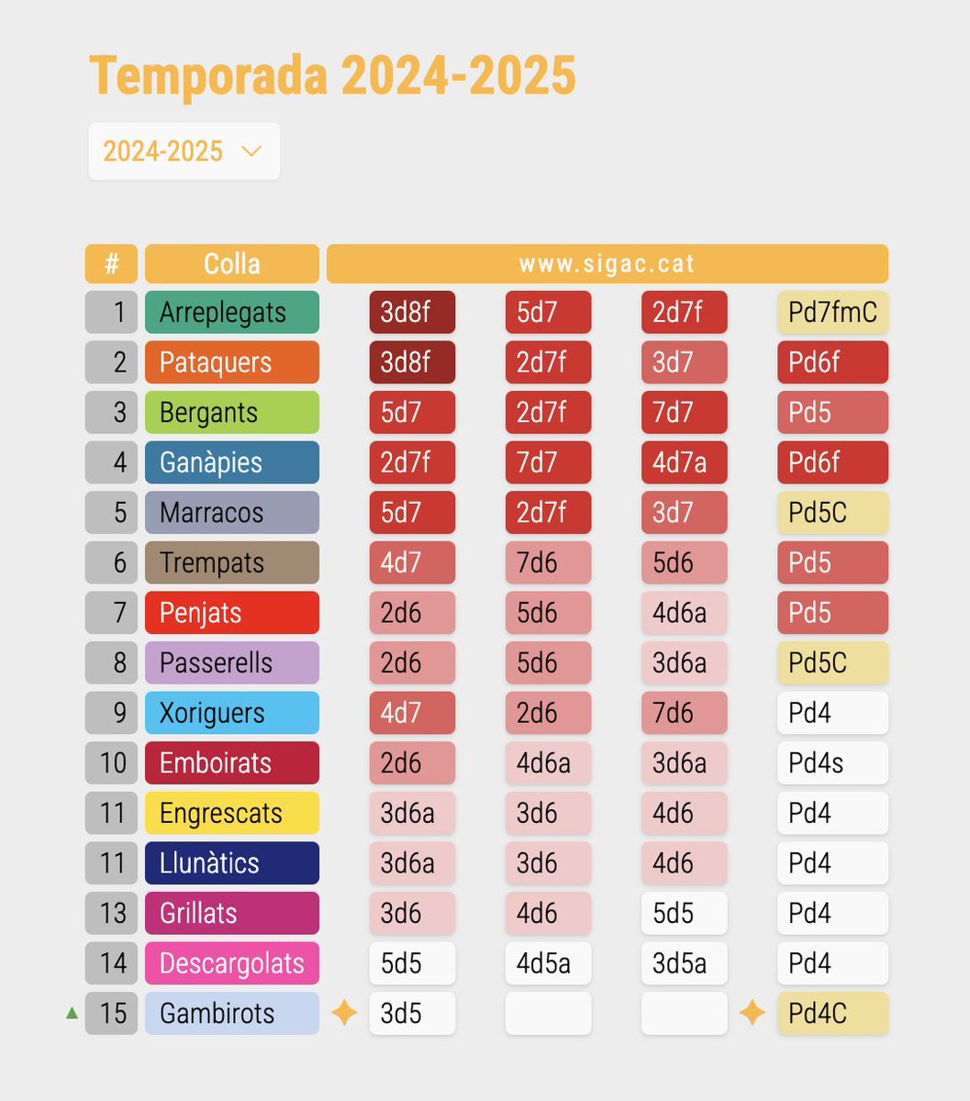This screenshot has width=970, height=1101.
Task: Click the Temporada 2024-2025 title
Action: click(332, 75)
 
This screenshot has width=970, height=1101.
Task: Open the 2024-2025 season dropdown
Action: click(184, 151)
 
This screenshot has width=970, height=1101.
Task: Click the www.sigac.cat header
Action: click(607, 264)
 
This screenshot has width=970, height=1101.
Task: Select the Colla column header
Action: click(231, 264)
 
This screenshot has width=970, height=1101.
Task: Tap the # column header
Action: click(111, 264)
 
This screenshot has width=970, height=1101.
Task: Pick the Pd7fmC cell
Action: click(832, 312)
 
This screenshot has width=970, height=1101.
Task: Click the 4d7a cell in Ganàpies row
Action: click(684, 462)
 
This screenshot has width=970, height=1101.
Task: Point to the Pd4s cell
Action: click(832, 762)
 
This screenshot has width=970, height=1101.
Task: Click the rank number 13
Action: click(112, 913)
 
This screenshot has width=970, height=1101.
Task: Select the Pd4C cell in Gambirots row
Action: click(832, 1013)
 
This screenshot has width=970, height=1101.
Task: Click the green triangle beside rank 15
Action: click(72, 1014)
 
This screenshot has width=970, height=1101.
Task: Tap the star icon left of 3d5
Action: click(344, 1013)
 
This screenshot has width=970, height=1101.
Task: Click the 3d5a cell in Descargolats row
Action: click(684, 963)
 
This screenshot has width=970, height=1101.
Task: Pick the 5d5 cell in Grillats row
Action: click(684, 913)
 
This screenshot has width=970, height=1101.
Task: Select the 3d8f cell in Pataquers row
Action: click(412, 362)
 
